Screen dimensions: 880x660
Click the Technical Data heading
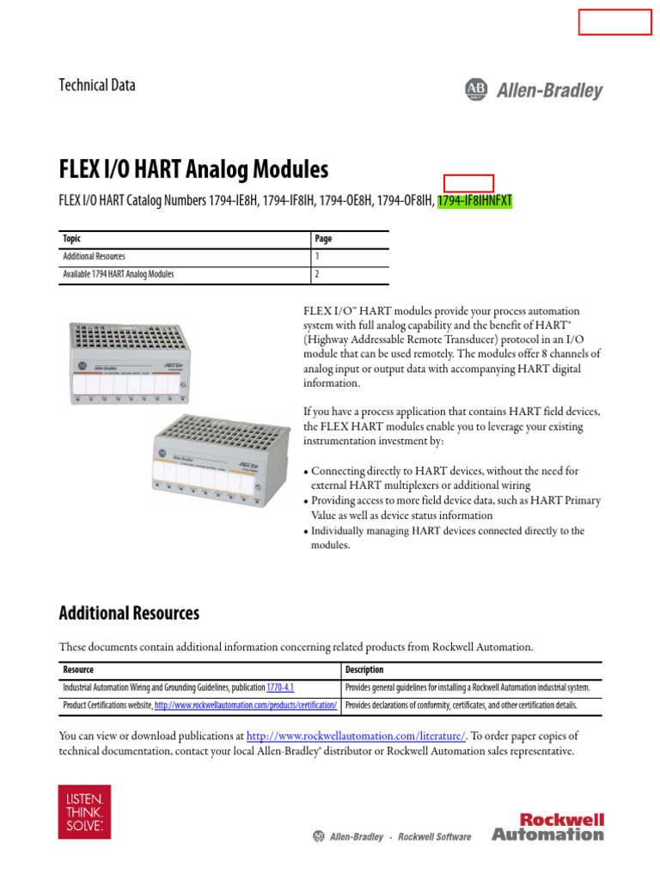[96, 85]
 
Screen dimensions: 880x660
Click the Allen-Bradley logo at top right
[534, 90]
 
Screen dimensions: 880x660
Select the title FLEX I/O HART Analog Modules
[193, 168]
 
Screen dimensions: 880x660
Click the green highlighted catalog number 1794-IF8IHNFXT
[474, 201]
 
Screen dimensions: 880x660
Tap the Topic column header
[72, 239]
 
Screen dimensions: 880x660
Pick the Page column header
[323, 239]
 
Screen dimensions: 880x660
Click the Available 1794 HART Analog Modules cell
[119, 275]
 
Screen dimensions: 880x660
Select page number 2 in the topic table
[317, 275]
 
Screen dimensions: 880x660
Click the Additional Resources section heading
[129, 613]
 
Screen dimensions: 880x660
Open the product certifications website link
[247, 706]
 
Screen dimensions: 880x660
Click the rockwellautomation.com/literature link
[356, 736]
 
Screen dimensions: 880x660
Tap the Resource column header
[78, 669]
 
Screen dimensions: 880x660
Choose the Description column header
[364, 669]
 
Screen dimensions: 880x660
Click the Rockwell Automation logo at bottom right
[547, 826]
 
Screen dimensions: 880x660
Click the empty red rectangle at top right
[614, 21]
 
